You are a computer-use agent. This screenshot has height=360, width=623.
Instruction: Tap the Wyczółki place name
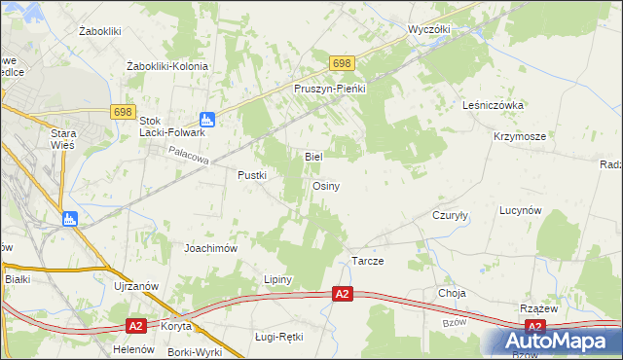click(429, 29)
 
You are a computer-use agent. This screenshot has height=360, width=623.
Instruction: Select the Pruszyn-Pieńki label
click(329, 89)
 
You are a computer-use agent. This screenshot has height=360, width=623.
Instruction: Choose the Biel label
click(313, 156)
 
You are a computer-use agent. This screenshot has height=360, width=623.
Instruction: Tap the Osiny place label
click(326, 185)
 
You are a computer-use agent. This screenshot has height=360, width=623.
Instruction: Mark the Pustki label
click(252, 175)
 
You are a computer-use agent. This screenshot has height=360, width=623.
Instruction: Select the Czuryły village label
click(451, 216)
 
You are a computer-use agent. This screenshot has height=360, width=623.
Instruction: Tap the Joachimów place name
click(211, 248)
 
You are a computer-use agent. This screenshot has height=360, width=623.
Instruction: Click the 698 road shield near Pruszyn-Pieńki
click(341, 63)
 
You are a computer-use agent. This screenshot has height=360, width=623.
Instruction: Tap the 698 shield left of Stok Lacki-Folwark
click(121, 113)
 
